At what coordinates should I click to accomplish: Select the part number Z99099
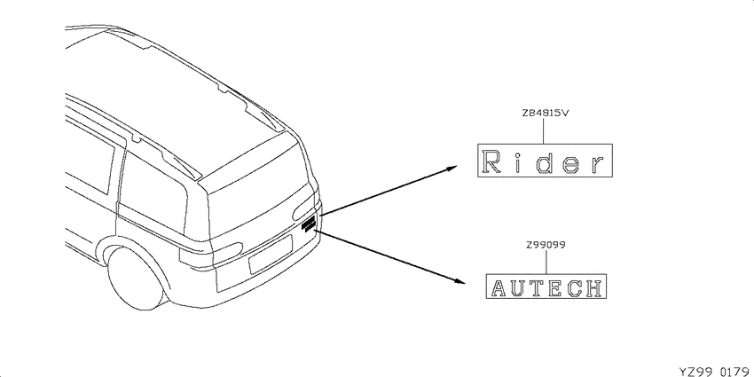pyautogui.click(x=546, y=245)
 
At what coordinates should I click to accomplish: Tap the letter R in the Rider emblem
pyautogui.click(x=491, y=161)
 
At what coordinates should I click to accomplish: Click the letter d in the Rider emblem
pyautogui.click(x=545, y=161)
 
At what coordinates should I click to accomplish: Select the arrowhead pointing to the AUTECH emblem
pyautogui.click(x=459, y=281)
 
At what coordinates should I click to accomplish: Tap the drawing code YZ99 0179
pyautogui.click(x=716, y=371)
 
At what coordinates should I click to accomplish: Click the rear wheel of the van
pyautogui.click(x=135, y=279)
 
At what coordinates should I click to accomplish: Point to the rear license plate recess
pyautogui.click(x=271, y=255)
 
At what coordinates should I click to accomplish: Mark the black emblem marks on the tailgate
pyautogui.click(x=308, y=224)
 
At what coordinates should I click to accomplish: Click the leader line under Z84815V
pyautogui.click(x=543, y=130)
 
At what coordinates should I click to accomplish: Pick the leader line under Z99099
pyautogui.click(x=546, y=262)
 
